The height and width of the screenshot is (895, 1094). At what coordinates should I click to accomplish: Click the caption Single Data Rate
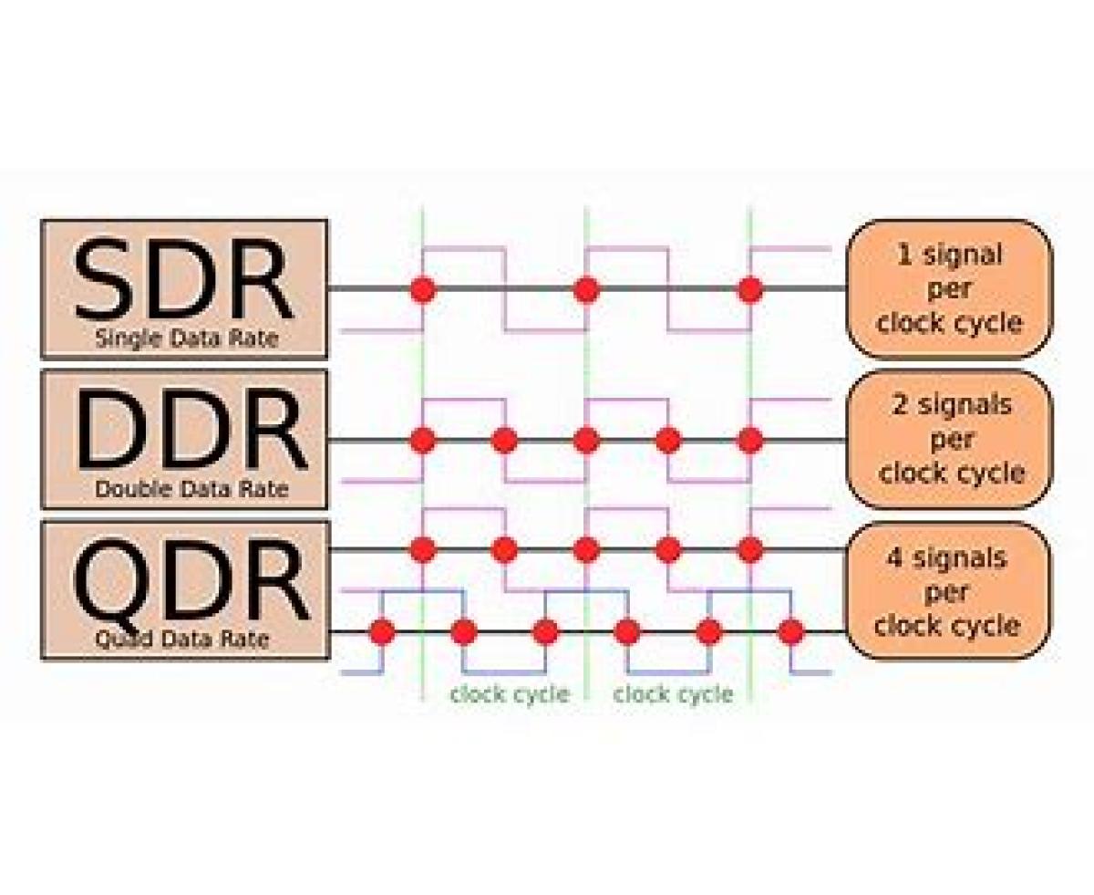pyautogui.click(x=186, y=339)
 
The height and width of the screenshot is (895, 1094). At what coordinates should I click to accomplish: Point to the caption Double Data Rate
pyautogui.click(x=191, y=490)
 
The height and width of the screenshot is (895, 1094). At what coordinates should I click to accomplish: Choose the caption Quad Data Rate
pyautogui.click(x=182, y=639)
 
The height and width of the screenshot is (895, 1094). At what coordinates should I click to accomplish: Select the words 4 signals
pyautogui.click(x=948, y=557)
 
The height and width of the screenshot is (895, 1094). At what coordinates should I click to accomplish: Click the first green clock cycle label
pyautogui.click(x=509, y=694)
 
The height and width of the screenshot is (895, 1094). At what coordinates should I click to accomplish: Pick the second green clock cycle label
pyautogui.click(x=673, y=694)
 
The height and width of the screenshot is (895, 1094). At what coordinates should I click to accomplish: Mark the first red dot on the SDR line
pyautogui.click(x=422, y=290)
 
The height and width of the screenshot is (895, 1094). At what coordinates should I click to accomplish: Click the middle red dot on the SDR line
pyautogui.click(x=586, y=290)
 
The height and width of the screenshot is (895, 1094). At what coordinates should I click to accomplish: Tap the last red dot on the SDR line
pyautogui.click(x=750, y=290)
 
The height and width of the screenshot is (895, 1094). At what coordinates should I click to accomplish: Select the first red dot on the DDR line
pyautogui.click(x=422, y=441)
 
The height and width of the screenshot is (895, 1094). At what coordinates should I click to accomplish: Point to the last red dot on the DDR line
pyautogui.click(x=750, y=441)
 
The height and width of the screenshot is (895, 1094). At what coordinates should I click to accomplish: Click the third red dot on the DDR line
pyautogui.click(x=586, y=441)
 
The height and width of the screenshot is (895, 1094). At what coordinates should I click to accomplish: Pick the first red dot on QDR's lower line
pyautogui.click(x=382, y=631)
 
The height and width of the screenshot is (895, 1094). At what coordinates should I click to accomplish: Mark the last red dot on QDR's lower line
pyautogui.click(x=791, y=631)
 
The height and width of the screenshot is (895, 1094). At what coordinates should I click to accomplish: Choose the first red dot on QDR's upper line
pyautogui.click(x=422, y=550)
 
